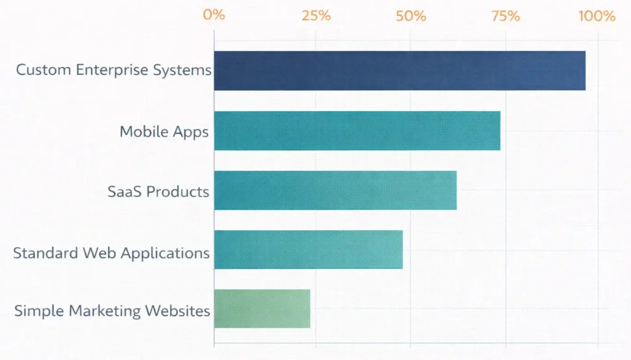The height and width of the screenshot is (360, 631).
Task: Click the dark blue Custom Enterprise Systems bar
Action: point(399,70)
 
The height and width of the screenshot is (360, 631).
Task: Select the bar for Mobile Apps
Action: point(357,131)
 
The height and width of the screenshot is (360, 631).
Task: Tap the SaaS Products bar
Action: point(335,190)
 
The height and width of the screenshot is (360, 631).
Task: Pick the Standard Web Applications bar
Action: point(308,249)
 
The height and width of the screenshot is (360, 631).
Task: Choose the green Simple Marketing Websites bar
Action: point(262,308)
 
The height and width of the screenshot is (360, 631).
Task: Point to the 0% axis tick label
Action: point(214,15)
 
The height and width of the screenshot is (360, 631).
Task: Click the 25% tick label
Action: point(316,15)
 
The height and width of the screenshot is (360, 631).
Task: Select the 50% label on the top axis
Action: point(411,15)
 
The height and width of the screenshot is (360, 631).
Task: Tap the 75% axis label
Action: point(505,15)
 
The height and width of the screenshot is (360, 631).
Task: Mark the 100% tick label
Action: point(596,15)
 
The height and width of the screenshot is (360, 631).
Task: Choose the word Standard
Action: point(42,253)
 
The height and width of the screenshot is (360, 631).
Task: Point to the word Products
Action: point(177,191)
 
